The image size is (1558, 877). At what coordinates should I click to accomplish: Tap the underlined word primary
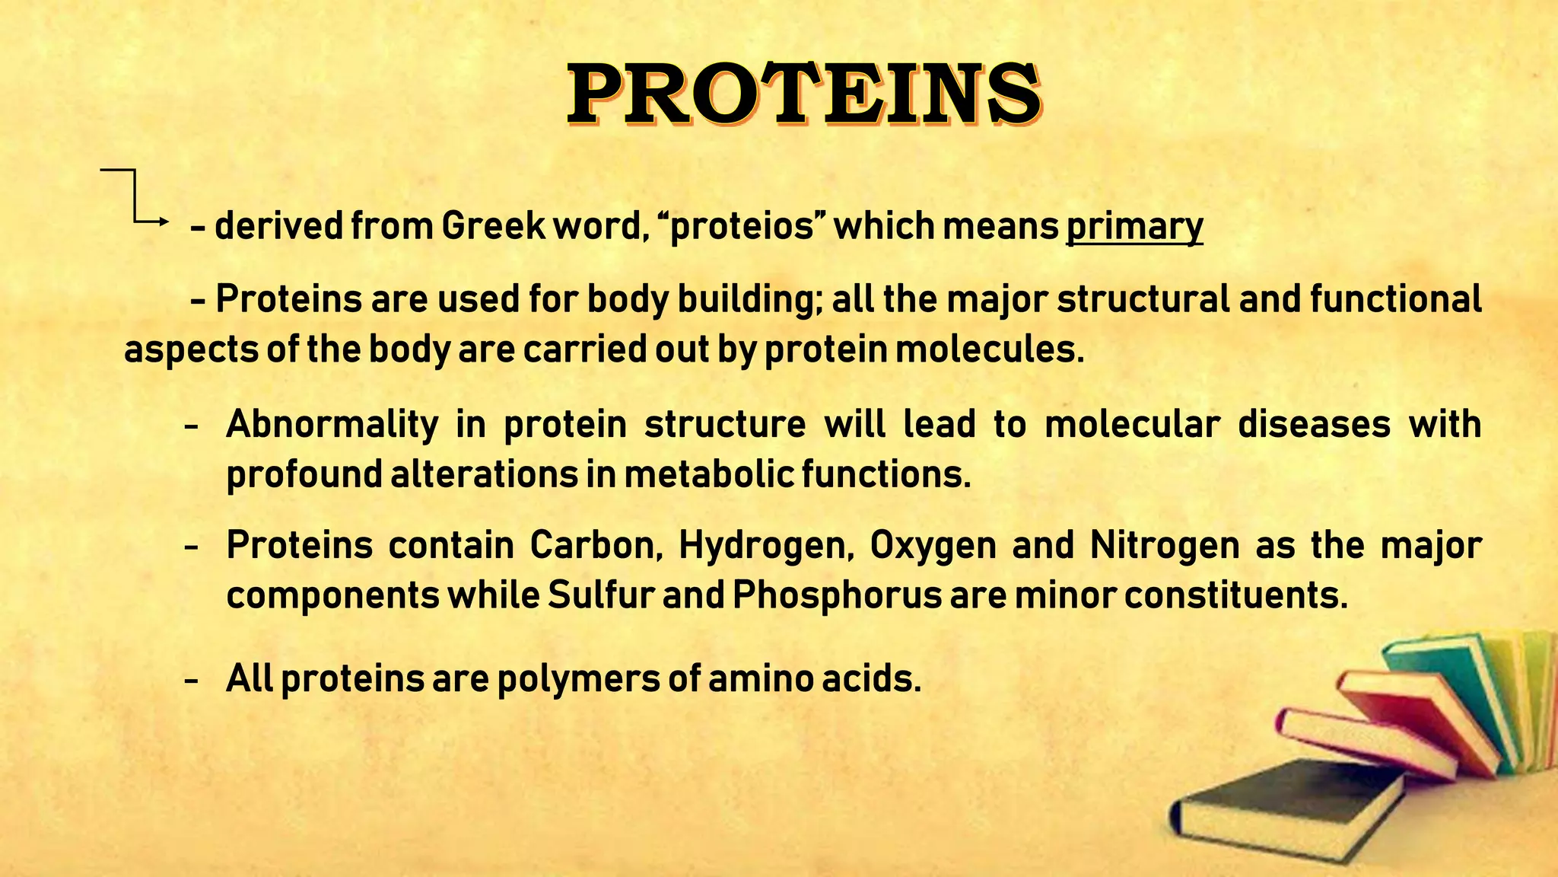1134,227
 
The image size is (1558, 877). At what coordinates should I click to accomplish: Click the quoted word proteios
741,227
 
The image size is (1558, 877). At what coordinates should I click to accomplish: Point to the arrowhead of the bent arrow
164,222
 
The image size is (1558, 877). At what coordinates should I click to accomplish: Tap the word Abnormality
332,424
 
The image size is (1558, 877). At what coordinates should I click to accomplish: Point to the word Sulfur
600,595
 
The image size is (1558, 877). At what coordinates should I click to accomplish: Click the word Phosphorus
838,595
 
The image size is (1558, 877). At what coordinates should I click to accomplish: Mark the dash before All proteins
192,679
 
